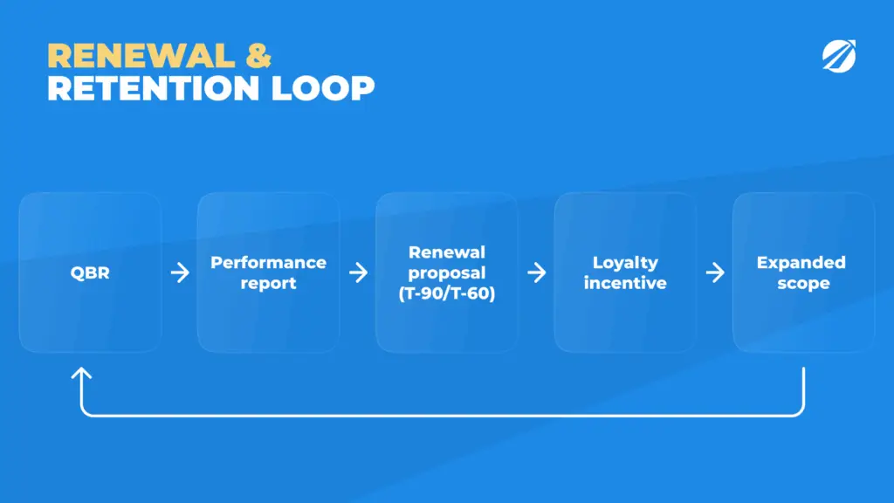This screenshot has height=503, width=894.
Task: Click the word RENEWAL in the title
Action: [x=141, y=56]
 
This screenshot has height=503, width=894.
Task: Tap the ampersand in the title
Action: [x=258, y=56]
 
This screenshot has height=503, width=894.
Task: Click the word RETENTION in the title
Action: [x=153, y=88]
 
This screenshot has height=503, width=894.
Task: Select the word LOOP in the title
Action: [x=323, y=88]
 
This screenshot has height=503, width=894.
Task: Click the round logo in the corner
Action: [x=839, y=56]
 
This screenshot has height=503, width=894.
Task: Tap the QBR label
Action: [x=90, y=272]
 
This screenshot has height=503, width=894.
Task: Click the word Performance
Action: [x=269, y=262]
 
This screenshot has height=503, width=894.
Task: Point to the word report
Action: [x=269, y=284]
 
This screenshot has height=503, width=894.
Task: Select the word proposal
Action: [x=447, y=273]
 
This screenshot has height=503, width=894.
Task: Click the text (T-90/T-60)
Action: [x=447, y=293]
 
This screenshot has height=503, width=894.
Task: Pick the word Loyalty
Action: [x=625, y=263]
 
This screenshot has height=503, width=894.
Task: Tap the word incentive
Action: [x=625, y=283]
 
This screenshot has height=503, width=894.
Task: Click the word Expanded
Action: [x=801, y=262]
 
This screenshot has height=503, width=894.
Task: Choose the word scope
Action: [x=803, y=284]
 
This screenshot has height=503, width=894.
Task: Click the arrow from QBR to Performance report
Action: [x=180, y=272]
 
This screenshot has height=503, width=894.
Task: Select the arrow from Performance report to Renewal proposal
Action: [x=359, y=272]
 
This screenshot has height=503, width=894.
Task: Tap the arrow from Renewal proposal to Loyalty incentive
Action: [x=537, y=272]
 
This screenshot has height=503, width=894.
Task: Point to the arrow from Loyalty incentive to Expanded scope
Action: [x=715, y=272]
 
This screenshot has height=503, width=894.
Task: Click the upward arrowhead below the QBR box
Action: [x=81, y=374]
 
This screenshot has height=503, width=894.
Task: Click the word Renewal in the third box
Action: [x=447, y=252]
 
